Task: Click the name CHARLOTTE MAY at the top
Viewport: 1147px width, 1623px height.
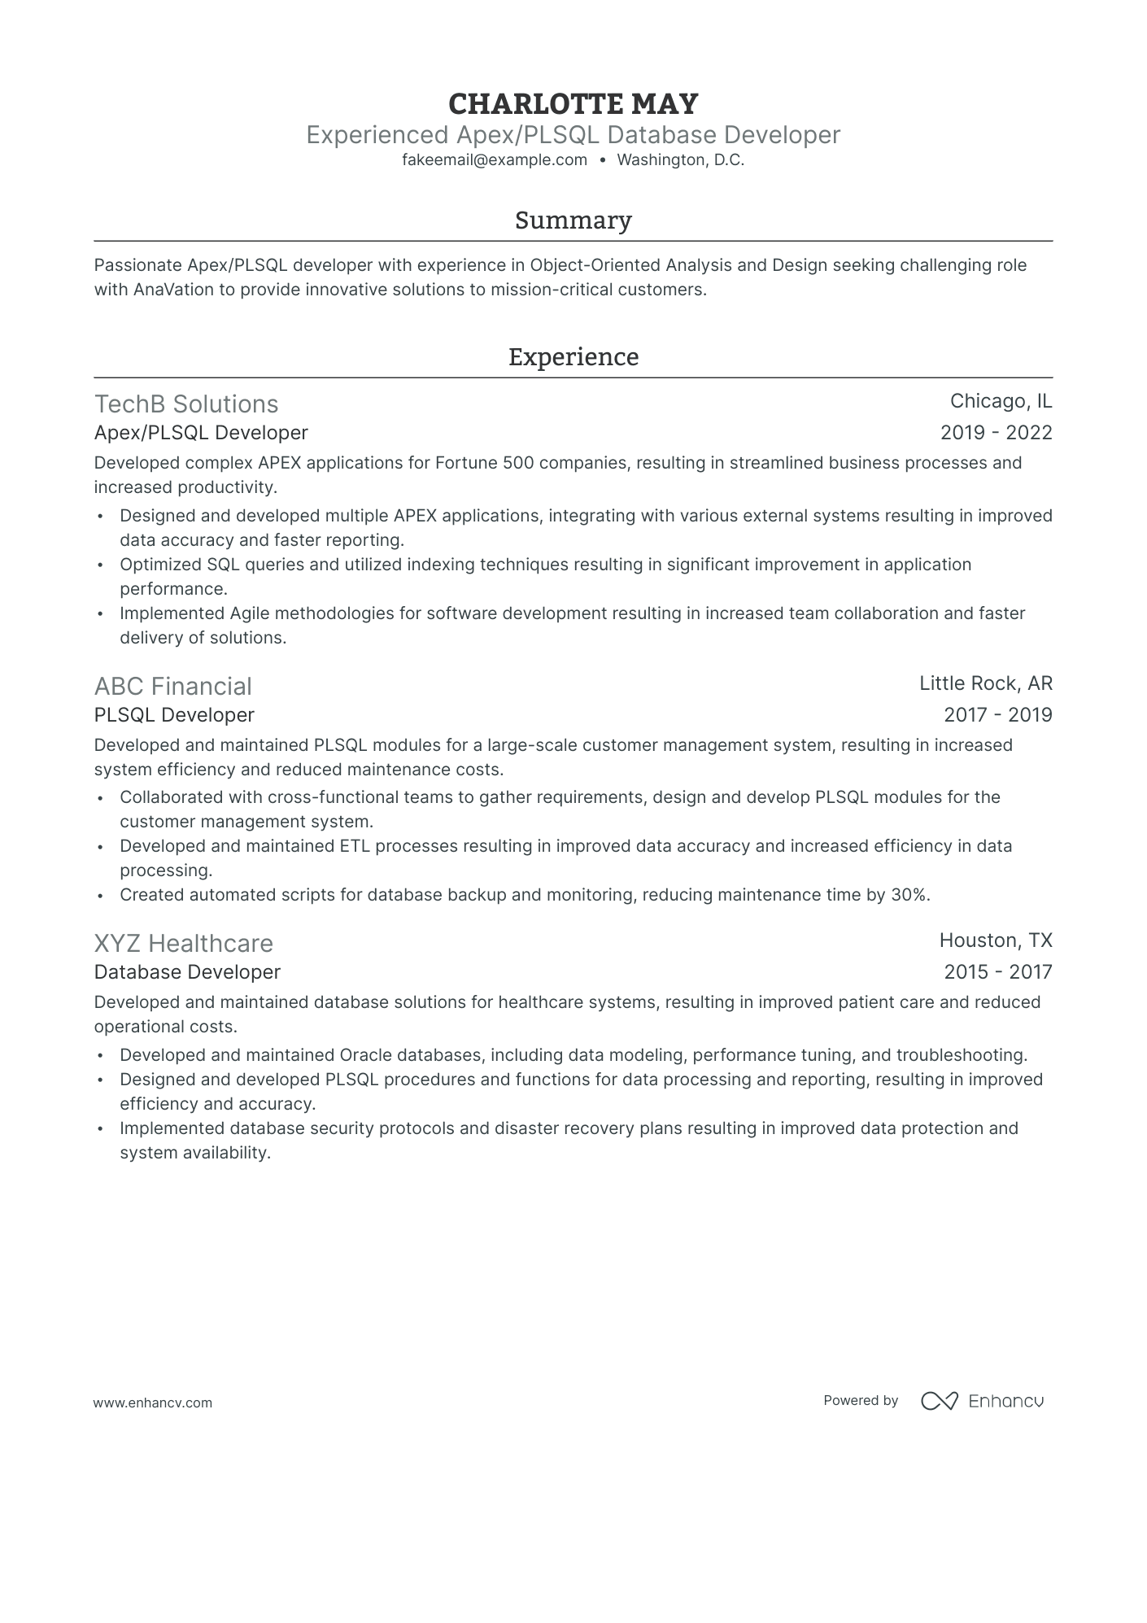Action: pyautogui.click(x=573, y=104)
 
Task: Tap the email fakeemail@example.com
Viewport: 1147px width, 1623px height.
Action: pyautogui.click(x=495, y=160)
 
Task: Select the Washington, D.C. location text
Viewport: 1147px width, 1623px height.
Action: pyautogui.click(x=680, y=160)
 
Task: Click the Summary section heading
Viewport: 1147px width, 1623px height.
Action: pyautogui.click(x=573, y=220)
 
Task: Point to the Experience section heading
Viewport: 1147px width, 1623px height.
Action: pyautogui.click(x=573, y=357)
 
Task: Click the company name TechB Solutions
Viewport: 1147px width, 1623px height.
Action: pyautogui.click(x=186, y=404)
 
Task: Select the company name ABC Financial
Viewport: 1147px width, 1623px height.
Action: pyautogui.click(x=172, y=687)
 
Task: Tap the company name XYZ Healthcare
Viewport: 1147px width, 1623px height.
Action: pyautogui.click(x=184, y=944)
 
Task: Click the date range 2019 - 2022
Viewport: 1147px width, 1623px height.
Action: pyautogui.click(x=996, y=433)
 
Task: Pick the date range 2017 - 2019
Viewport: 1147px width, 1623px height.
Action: pyautogui.click(x=997, y=715)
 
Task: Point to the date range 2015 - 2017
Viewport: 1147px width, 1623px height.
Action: pyautogui.click(x=997, y=972)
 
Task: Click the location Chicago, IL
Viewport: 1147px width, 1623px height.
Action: pyautogui.click(x=1001, y=401)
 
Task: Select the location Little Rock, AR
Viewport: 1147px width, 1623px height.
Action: pyautogui.click(x=985, y=683)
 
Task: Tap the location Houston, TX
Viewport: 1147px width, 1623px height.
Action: pyautogui.click(x=996, y=940)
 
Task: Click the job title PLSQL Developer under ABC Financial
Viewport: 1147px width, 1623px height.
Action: pyautogui.click(x=174, y=715)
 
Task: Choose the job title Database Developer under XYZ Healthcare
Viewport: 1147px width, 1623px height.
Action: pyautogui.click(x=187, y=972)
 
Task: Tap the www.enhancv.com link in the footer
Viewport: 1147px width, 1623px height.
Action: pyautogui.click(x=153, y=1403)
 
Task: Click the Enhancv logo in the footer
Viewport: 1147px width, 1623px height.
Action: pyautogui.click(x=982, y=1401)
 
